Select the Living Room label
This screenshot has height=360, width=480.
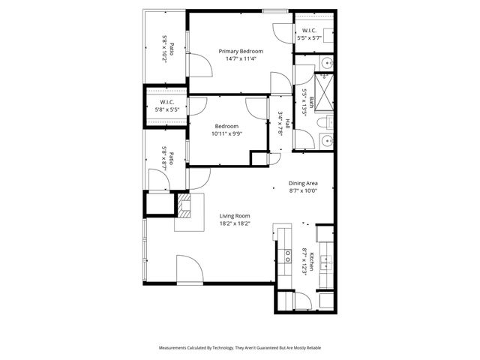click(x=235, y=215)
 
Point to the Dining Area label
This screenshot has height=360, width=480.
click(x=304, y=183)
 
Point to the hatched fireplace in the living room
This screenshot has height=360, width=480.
click(x=185, y=205)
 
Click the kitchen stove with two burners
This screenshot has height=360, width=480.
click(x=286, y=262)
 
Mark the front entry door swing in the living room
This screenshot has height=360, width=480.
click(x=187, y=268)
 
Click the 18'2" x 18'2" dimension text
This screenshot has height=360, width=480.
click(x=234, y=223)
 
